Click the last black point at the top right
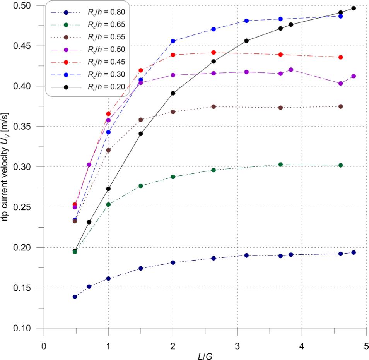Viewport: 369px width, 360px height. (x=353, y=8)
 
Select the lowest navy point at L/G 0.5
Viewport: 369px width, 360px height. (x=75, y=297)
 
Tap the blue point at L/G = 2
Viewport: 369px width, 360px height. (x=173, y=41)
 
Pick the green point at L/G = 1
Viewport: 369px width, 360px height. (x=108, y=204)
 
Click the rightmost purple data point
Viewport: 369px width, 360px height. (x=353, y=76)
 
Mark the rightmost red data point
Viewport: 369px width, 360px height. (x=340, y=57)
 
